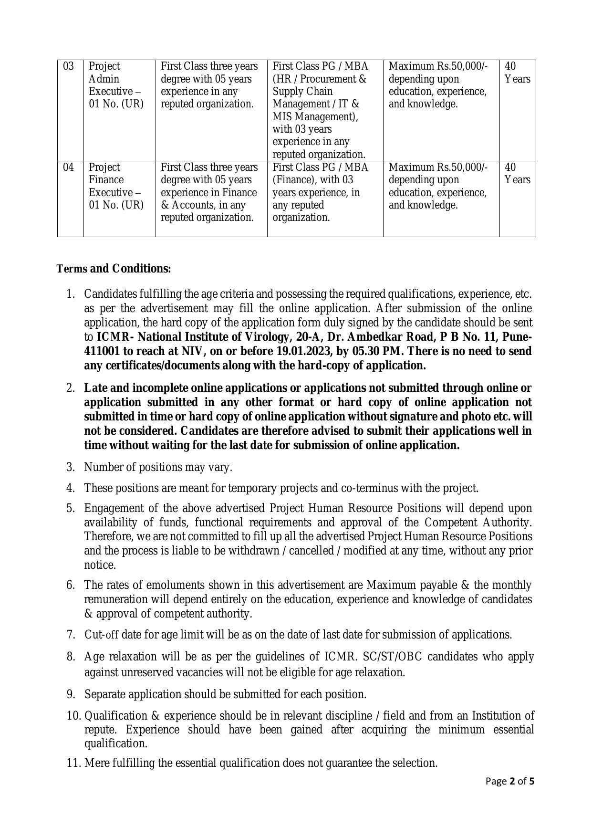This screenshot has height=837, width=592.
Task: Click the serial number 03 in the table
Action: coord(69,66)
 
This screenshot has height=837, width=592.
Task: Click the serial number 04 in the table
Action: coord(69,167)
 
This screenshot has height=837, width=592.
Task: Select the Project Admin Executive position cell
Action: coord(116,85)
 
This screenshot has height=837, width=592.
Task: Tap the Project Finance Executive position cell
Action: coord(116,186)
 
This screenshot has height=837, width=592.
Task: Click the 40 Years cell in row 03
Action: coord(517,73)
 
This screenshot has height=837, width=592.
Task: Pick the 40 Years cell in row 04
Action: coord(517,174)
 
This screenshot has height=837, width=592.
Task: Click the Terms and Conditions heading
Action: coord(114,269)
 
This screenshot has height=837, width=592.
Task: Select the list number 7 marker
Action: coord(71,635)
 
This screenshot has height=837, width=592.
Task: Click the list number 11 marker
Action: coord(74,763)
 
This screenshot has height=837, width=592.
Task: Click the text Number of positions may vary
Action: coord(158,467)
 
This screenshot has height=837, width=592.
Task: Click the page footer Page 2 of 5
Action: coord(509,781)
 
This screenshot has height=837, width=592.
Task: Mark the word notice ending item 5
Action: coord(100,565)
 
